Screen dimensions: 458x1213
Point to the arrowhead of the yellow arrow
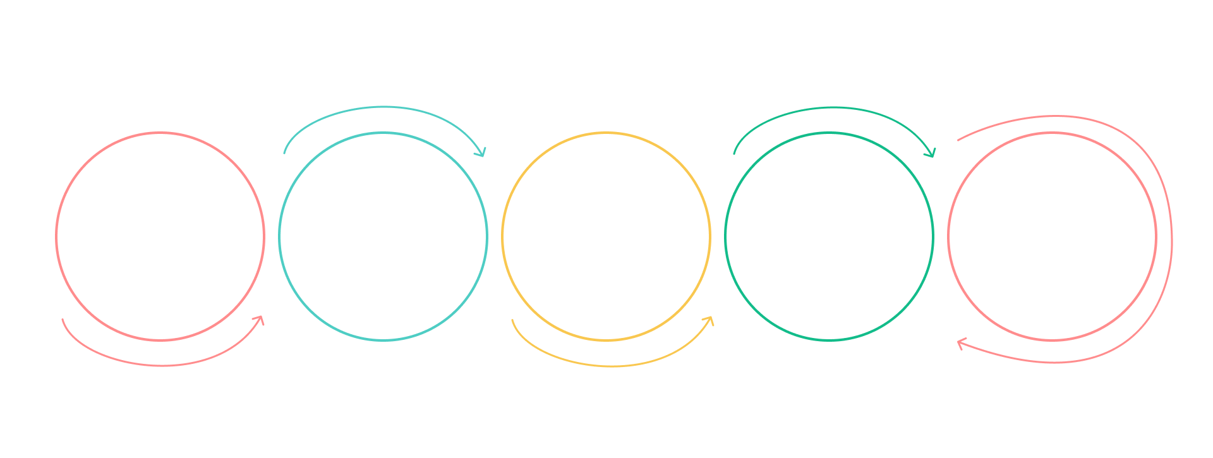pos(710,320)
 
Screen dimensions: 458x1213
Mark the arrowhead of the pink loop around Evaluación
pos(960,343)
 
